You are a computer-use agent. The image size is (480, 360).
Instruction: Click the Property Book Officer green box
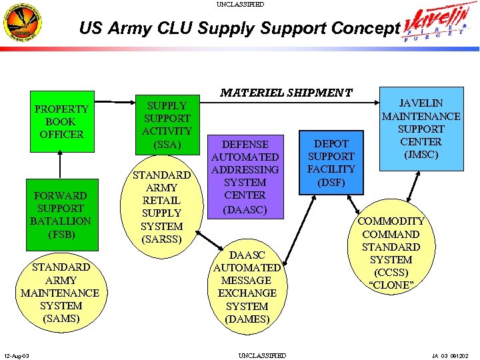coord(61,121)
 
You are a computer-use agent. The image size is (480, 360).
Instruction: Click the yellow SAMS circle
coord(61,292)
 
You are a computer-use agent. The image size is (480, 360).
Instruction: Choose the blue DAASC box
coord(245,175)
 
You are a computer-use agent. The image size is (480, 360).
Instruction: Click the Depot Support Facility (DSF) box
coord(331,163)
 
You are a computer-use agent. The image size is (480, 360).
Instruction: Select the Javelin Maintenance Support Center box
coord(421,128)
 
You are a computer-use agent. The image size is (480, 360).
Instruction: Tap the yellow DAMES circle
coord(247,287)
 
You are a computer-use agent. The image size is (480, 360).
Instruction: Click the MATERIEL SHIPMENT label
coord(286,92)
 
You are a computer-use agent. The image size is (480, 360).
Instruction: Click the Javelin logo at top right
coord(440,27)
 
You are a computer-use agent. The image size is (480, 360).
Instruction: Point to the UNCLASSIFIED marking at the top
coord(240,4)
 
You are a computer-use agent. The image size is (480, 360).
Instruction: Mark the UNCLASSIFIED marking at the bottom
coord(262,355)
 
